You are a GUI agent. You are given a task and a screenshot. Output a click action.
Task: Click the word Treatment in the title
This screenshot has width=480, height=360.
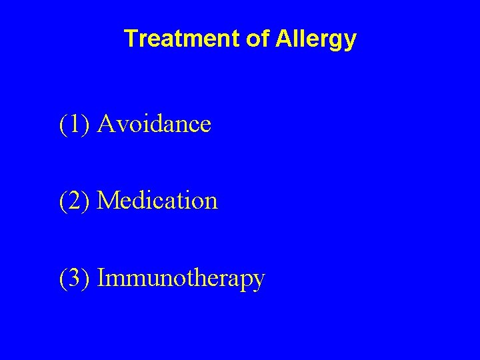183,39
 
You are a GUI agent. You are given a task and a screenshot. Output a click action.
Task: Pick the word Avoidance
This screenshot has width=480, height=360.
154,123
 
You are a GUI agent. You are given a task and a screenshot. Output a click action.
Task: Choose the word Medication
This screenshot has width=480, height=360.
157,200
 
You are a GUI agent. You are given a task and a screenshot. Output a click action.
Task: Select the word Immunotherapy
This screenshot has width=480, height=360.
181,279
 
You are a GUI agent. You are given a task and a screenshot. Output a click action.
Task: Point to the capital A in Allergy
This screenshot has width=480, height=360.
280,39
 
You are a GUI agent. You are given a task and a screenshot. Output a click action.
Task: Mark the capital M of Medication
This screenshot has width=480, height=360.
109,200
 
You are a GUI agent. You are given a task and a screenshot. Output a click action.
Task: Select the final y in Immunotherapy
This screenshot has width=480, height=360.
259,281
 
